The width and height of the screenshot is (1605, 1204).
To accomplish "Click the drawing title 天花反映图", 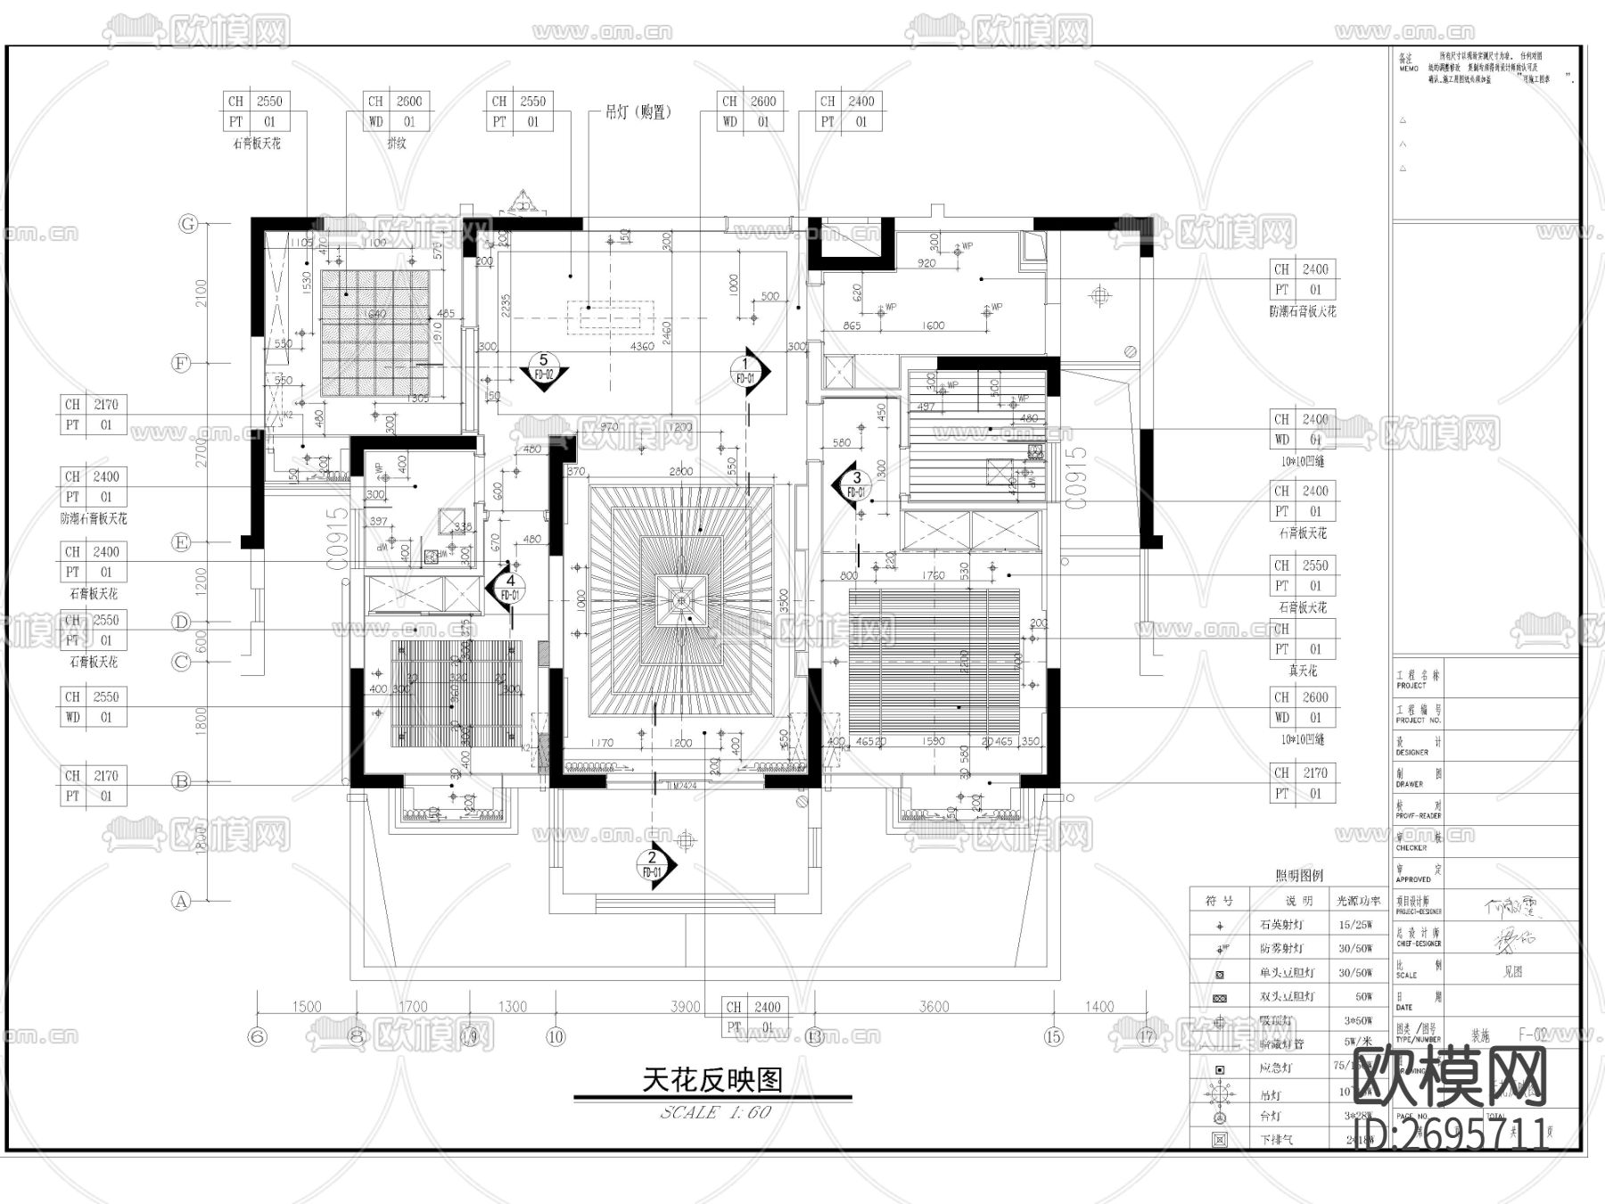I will [x=712, y=1080].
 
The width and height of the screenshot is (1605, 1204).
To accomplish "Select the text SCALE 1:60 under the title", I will [x=716, y=1112].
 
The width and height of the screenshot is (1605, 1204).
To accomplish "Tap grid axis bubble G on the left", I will [x=188, y=224].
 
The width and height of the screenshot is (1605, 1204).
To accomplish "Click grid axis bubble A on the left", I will [x=182, y=901].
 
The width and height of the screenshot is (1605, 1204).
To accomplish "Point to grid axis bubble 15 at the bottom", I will [x=1054, y=1036].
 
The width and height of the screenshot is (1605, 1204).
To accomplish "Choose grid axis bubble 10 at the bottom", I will [x=556, y=1036].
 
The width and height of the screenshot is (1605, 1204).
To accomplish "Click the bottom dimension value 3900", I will [x=685, y=1007].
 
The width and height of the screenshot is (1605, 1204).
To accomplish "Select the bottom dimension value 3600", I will [x=934, y=1007].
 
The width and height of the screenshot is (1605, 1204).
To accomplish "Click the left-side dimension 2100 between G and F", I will [x=202, y=293].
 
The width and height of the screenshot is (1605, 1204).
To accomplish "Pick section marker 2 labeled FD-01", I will [x=654, y=864].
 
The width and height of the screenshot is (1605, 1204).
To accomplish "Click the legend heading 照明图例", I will [x=1299, y=876].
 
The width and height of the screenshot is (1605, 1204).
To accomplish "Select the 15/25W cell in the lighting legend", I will [x=1355, y=925].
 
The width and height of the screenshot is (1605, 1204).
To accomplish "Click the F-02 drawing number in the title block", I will [x=1533, y=1035].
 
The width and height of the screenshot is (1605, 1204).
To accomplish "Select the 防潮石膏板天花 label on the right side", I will [x=1303, y=311].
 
